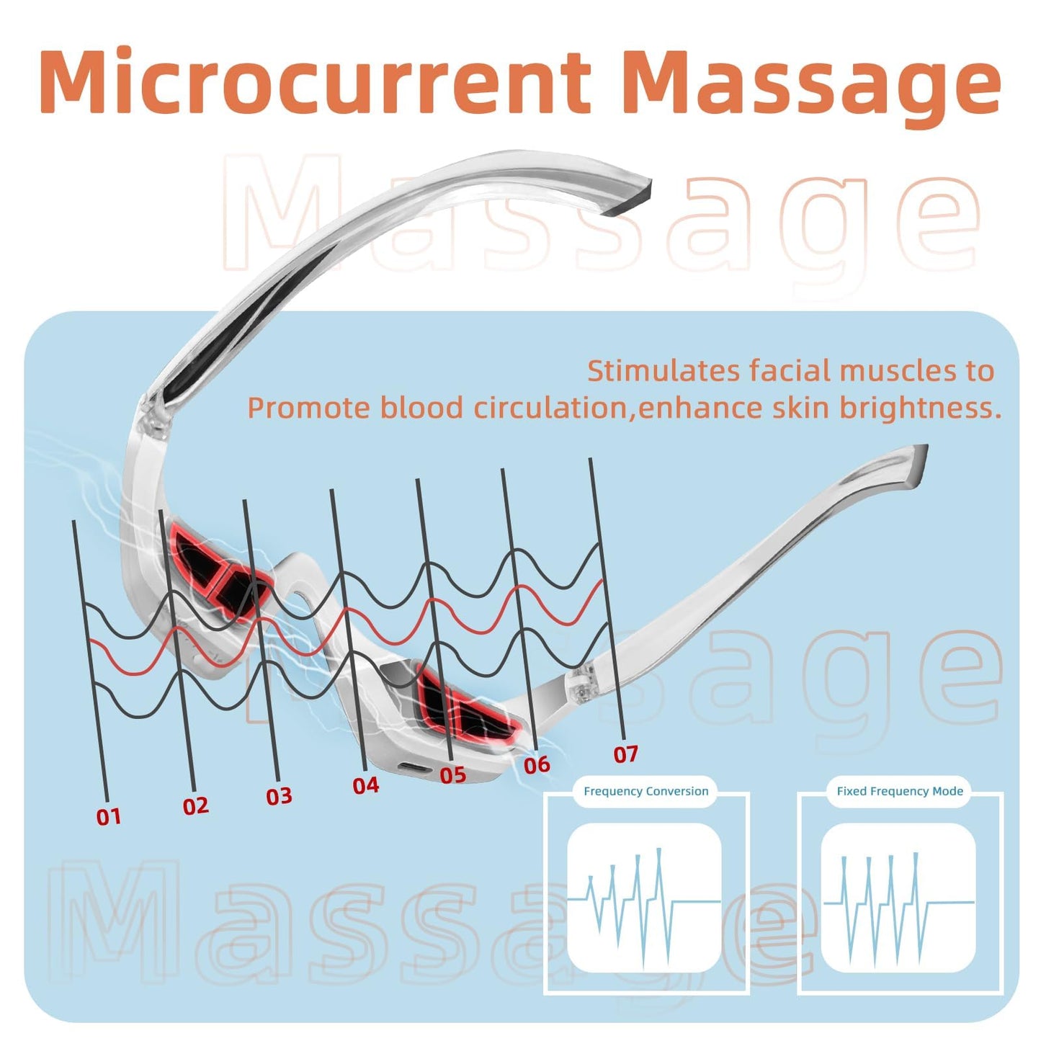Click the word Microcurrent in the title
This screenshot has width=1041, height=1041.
pyautogui.click(x=316, y=82)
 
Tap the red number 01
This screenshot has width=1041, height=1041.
pyautogui.click(x=109, y=817)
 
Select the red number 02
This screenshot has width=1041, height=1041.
pyautogui.click(x=195, y=806)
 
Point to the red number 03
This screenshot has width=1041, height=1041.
pyautogui.click(x=279, y=796)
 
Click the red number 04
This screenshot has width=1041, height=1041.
pyautogui.click(x=366, y=785)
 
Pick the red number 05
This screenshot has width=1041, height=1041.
pyautogui.click(x=452, y=774)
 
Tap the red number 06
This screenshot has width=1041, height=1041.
pyautogui.click(x=537, y=764)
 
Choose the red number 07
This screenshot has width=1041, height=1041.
pyautogui.click(x=625, y=754)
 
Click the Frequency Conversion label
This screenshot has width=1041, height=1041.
pyautogui.click(x=646, y=792)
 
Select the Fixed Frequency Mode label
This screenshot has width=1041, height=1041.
pyautogui.click(x=900, y=792)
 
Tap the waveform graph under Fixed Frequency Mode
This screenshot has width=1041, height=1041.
pyautogui.click(x=898, y=900)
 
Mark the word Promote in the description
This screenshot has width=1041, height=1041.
pyautogui.click(x=308, y=408)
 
